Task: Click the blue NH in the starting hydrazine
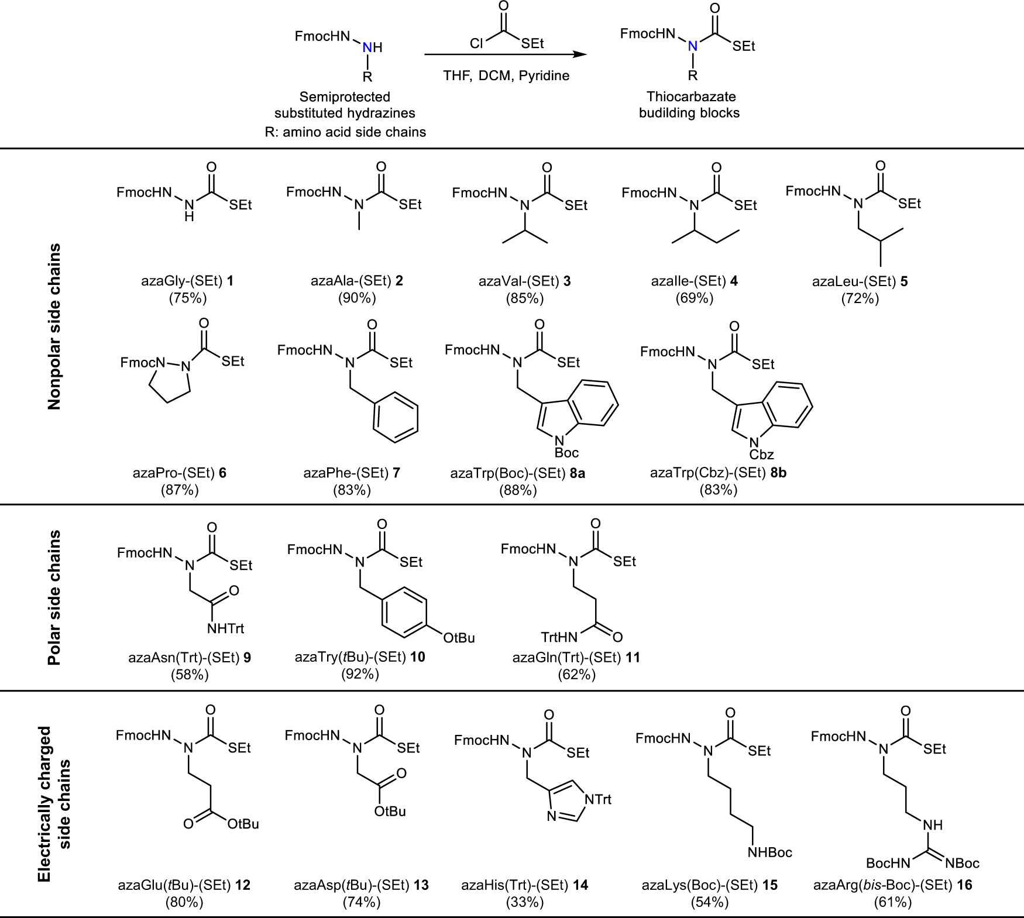(372, 47)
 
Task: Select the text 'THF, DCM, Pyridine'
(506, 75)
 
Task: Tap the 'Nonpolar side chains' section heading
(54, 326)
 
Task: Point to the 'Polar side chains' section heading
(54, 597)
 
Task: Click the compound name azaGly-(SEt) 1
(187, 281)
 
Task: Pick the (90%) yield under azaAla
(357, 298)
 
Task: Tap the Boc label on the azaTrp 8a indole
(566, 452)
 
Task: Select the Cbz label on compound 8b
(761, 454)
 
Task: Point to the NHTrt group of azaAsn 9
(225, 628)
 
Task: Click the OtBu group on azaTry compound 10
(459, 637)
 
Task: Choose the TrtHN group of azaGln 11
(559, 637)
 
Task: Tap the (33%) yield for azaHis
(525, 902)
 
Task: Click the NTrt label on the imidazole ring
(597, 799)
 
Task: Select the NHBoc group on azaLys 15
(769, 852)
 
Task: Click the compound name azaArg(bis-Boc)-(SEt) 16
(892, 885)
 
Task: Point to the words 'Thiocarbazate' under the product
(691, 97)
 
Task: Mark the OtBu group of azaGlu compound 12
(243, 824)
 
